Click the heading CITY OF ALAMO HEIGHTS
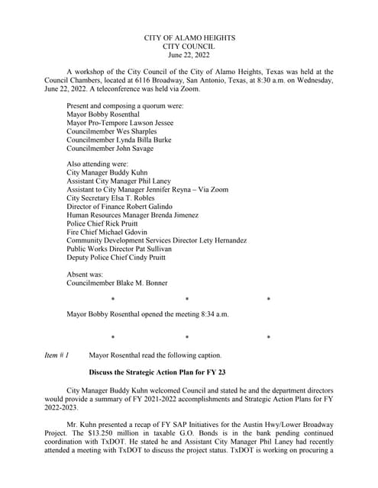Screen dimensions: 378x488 pos(189,37)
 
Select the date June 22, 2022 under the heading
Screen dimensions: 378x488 pos(189,55)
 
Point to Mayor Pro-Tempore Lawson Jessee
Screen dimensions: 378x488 pos(121,122)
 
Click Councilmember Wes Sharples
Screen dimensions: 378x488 pos(112,131)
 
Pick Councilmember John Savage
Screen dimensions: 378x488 pos(110,149)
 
